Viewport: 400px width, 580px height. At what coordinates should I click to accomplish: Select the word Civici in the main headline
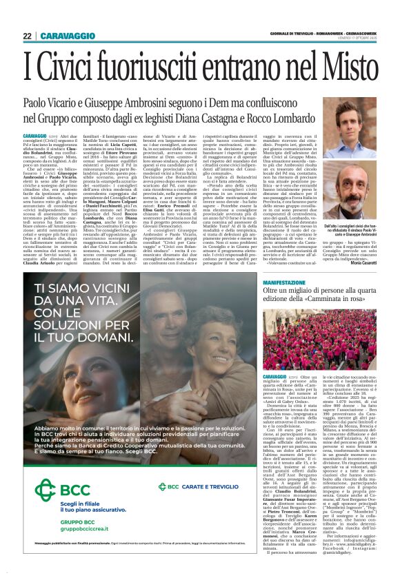pyautogui.click(x=74, y=68)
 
